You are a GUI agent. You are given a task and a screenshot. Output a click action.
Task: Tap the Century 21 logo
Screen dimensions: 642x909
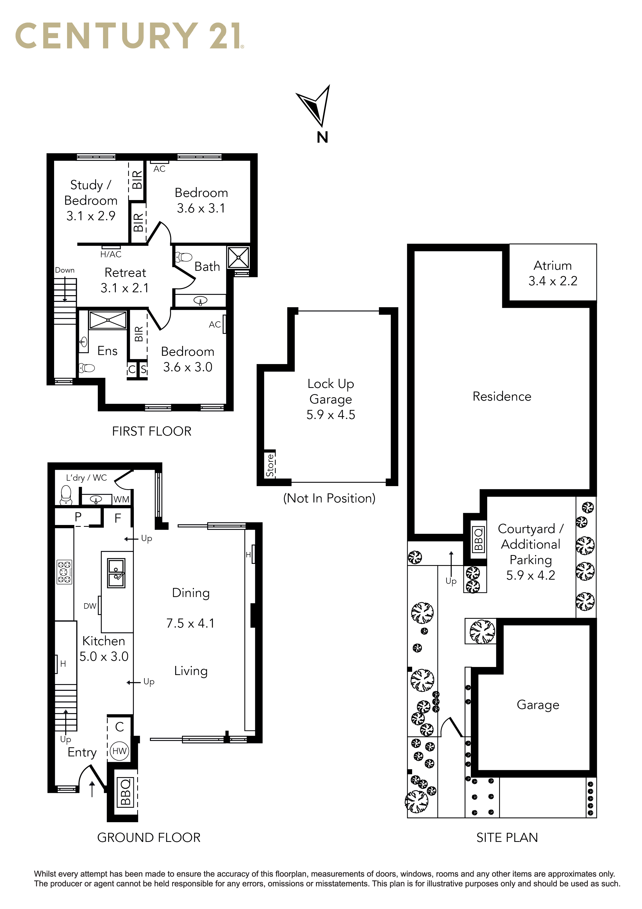(130, 36)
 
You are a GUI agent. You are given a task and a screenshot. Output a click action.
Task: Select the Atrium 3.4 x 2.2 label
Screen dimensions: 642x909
(553, 273)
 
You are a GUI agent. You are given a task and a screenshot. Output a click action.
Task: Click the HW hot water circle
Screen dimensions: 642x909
(119, 751)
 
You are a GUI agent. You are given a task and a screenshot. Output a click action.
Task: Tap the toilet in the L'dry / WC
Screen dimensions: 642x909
(66, 495)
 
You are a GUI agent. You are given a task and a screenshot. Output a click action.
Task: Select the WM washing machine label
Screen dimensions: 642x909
(121, 500)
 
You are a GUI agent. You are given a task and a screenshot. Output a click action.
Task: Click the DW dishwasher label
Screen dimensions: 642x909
(90, 606)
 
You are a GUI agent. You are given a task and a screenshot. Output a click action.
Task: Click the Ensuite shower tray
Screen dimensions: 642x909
(108, 320)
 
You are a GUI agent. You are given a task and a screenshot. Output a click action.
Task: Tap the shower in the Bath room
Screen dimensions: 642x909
(238, 257)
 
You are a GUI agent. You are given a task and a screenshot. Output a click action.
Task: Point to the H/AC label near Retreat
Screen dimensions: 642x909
(111, 254)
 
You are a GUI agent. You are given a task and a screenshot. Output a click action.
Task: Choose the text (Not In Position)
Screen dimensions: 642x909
(329, 498)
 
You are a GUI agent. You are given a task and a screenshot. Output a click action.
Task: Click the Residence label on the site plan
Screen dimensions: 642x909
(502, 396)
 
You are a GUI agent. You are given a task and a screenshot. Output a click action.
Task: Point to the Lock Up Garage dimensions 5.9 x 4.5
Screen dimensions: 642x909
(331, 415)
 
